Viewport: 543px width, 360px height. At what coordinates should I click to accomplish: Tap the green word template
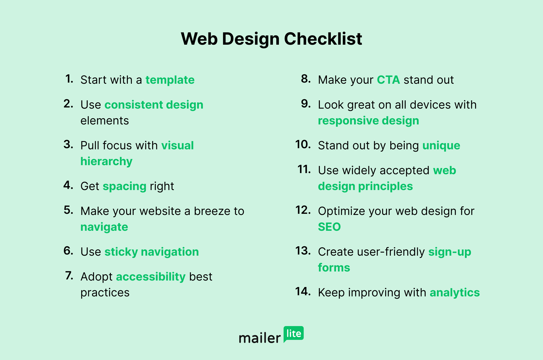[170, 80]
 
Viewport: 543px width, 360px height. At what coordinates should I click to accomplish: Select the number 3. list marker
[68, 145]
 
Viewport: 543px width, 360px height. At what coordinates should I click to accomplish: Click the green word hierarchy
[106, 161]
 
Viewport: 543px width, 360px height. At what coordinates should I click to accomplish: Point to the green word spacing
[124, 186]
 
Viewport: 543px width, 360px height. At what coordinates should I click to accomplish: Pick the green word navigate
[104, 227]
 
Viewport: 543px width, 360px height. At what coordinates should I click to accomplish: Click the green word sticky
[121, 252]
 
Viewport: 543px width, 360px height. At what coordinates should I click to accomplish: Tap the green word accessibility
[151, 277]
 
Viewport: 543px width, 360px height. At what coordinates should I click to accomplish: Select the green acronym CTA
[388, 80]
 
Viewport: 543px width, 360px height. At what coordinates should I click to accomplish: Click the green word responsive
[348, 121]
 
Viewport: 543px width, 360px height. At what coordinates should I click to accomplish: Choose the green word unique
[441, 146]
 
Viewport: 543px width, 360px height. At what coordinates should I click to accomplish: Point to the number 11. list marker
[304, 169]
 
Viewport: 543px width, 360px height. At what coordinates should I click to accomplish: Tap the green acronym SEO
[329, 227]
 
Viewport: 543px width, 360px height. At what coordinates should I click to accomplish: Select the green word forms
[334, 268]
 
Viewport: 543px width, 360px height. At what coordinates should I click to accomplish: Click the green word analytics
[455, 293]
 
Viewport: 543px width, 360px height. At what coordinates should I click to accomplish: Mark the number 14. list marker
[303, 292]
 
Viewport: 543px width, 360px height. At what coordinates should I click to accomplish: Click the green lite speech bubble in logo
[294, 334]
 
